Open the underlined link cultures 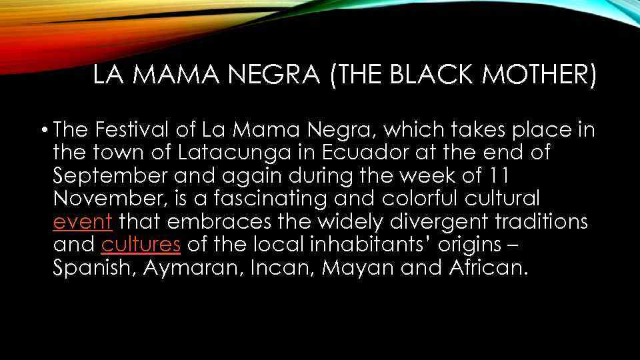141,245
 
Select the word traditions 539,222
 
